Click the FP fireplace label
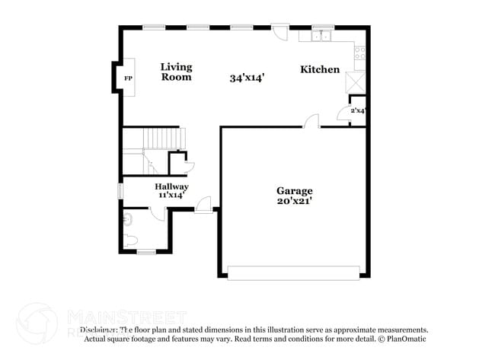coord(128,78)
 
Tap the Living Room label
coord(176,72)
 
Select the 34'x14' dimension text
coord(247,78)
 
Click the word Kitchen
coord(320,69)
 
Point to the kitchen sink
coord(320,35)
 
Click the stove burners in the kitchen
coord(359,53)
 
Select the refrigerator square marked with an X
coord(356,81)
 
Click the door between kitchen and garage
coord(311,122)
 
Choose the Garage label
coord(294,190)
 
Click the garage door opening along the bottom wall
coord(293,272)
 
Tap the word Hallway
coord(171,186)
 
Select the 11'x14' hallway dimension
coord(172,196)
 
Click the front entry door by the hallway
coord(203,205)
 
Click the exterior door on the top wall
coord(280,32)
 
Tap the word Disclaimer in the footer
coord(99,330)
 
